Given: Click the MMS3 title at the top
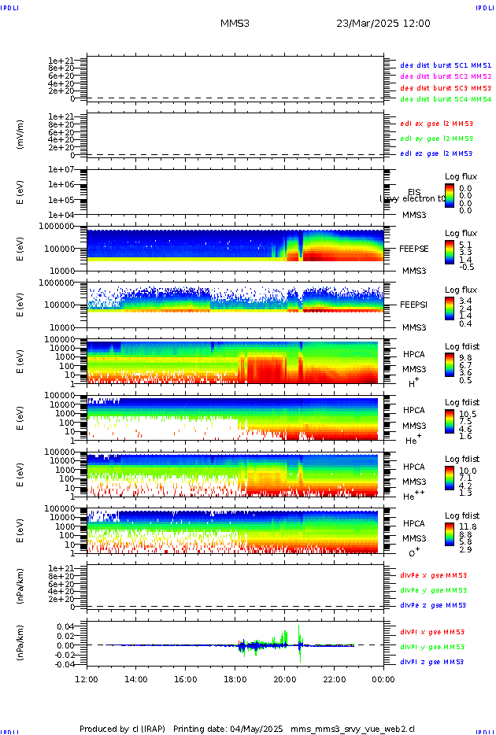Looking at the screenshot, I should coord(235,24).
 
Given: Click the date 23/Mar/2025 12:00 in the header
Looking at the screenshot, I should coord(383,24).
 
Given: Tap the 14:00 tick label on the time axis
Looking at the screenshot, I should coord(136,678).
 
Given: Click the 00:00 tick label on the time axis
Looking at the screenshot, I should coord(383,678).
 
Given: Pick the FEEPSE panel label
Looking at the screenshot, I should coord(414,249).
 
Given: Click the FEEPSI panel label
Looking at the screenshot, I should coord(414,305).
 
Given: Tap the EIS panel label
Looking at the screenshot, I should coord(414,192).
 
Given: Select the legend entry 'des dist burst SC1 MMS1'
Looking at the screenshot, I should coord(446,65).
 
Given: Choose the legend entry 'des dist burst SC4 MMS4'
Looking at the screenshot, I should coord(446,100).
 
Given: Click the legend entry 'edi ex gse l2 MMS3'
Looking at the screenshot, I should coord(436,124).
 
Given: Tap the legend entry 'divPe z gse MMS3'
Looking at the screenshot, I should coord(433,605).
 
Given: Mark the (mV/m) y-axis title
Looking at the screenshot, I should coord(20,135).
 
